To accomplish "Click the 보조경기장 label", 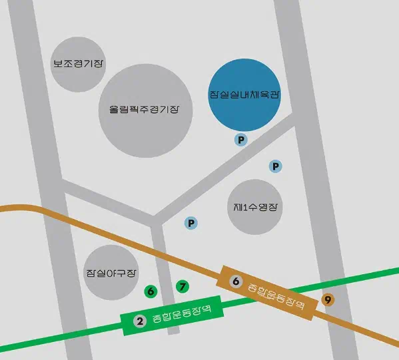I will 79,64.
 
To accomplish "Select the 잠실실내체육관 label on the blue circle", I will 244,94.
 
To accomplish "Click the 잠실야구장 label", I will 111,273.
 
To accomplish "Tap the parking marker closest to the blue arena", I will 241,140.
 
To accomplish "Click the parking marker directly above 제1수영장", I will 275,166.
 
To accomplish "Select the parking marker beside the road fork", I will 191,223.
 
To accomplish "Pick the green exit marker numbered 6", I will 151,291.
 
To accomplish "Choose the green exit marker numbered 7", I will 182,287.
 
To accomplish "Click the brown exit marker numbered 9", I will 328,299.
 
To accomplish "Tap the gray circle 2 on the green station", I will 140,322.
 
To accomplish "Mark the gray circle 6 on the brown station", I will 235,281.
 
